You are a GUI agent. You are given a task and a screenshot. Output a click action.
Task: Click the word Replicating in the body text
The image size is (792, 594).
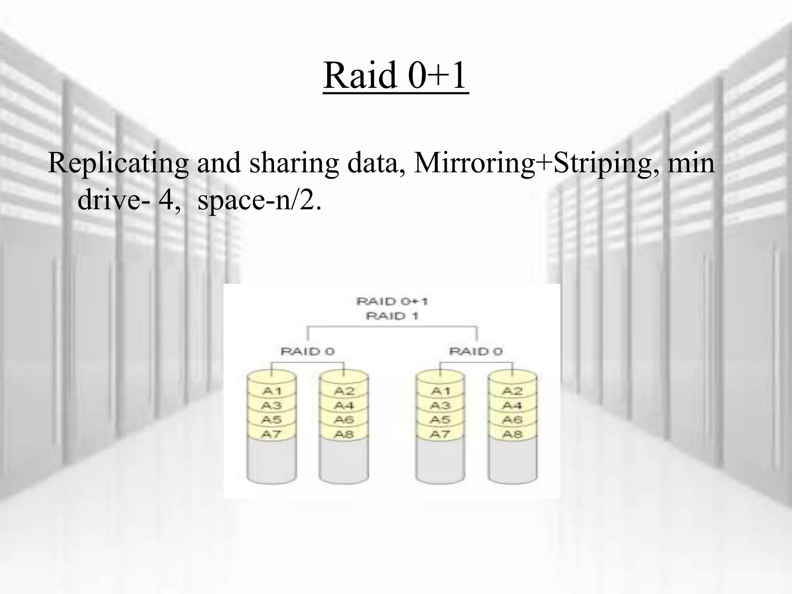[x=118, y=163]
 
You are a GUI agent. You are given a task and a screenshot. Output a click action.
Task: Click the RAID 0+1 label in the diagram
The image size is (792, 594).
[x=392, y=301]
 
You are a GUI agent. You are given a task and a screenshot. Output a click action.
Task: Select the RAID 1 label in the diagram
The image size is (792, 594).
[x=392, y=316]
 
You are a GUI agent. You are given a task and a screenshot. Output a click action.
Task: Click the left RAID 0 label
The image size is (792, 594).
[x=307, y=352]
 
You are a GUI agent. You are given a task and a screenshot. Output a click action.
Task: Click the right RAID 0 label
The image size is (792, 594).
[x=476, y=352]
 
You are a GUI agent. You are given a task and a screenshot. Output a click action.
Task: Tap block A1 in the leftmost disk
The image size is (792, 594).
[x=271, y=391]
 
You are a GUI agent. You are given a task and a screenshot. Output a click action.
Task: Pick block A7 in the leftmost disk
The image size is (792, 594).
[x=271, y=434]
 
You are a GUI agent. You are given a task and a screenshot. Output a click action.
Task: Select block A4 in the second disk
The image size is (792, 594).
[x=344, y=406]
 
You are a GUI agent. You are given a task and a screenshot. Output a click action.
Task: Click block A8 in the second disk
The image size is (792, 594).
[x=344, y=434]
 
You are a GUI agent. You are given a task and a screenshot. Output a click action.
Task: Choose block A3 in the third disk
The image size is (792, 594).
[x=440, y=406]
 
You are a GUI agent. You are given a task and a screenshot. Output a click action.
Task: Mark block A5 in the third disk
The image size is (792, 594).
[x=440, y=420]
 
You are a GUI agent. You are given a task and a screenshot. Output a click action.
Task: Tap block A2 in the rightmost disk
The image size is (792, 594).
[x=512, y=391]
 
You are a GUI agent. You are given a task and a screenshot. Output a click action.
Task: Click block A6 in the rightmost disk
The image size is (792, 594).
[x=512, y=420]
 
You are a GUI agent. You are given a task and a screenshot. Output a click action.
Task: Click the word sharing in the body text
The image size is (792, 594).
[x=294, y=163]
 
